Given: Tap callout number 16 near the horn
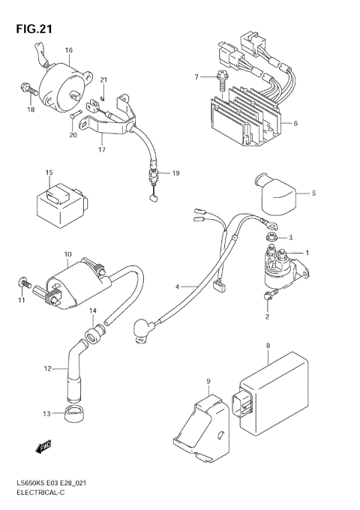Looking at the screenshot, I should (68, 51).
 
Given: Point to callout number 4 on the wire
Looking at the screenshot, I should (178, 286).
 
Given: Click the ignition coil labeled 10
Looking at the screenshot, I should (71, 284).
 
